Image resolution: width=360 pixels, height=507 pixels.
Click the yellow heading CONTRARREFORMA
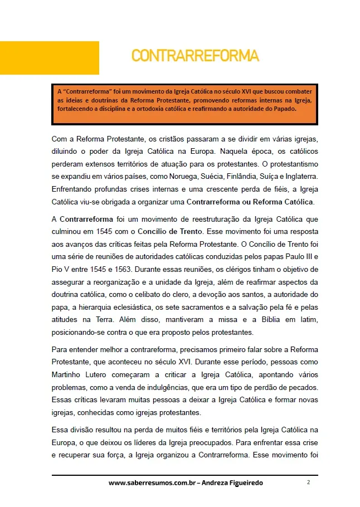coord(195,56)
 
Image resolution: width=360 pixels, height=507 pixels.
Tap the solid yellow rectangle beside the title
coord(49,57)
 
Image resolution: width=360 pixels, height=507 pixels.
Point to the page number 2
coord(308,482)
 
